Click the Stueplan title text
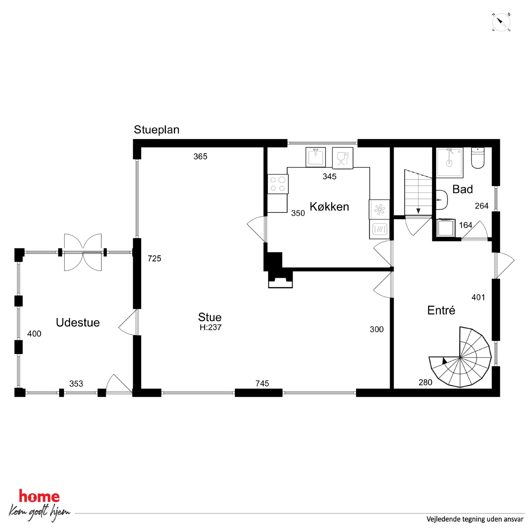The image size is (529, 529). [x=156, y=130]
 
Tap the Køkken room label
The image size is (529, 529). [x=329, y=207]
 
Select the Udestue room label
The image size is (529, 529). [x=78, y=323]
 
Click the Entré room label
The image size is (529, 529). [x=441, y=310]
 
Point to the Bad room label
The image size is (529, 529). [x=462, y=189]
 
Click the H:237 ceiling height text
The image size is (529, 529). [x=210, y=327]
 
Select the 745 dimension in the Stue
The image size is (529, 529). [x=262, y=384]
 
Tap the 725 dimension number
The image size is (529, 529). [x=154, y=258]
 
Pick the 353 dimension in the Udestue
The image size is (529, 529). [x=76, y=384]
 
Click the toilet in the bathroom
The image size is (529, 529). [x=478, y=158]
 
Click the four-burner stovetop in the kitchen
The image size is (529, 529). [x=278, y=184]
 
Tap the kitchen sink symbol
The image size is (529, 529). [x=316, y=157]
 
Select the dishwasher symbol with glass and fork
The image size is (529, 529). [x=343, y=158]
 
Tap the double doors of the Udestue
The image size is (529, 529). [x=83, y=252]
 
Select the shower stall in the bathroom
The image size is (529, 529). [x=450, y=162]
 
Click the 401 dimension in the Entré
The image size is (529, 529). [x=478, y=297]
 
